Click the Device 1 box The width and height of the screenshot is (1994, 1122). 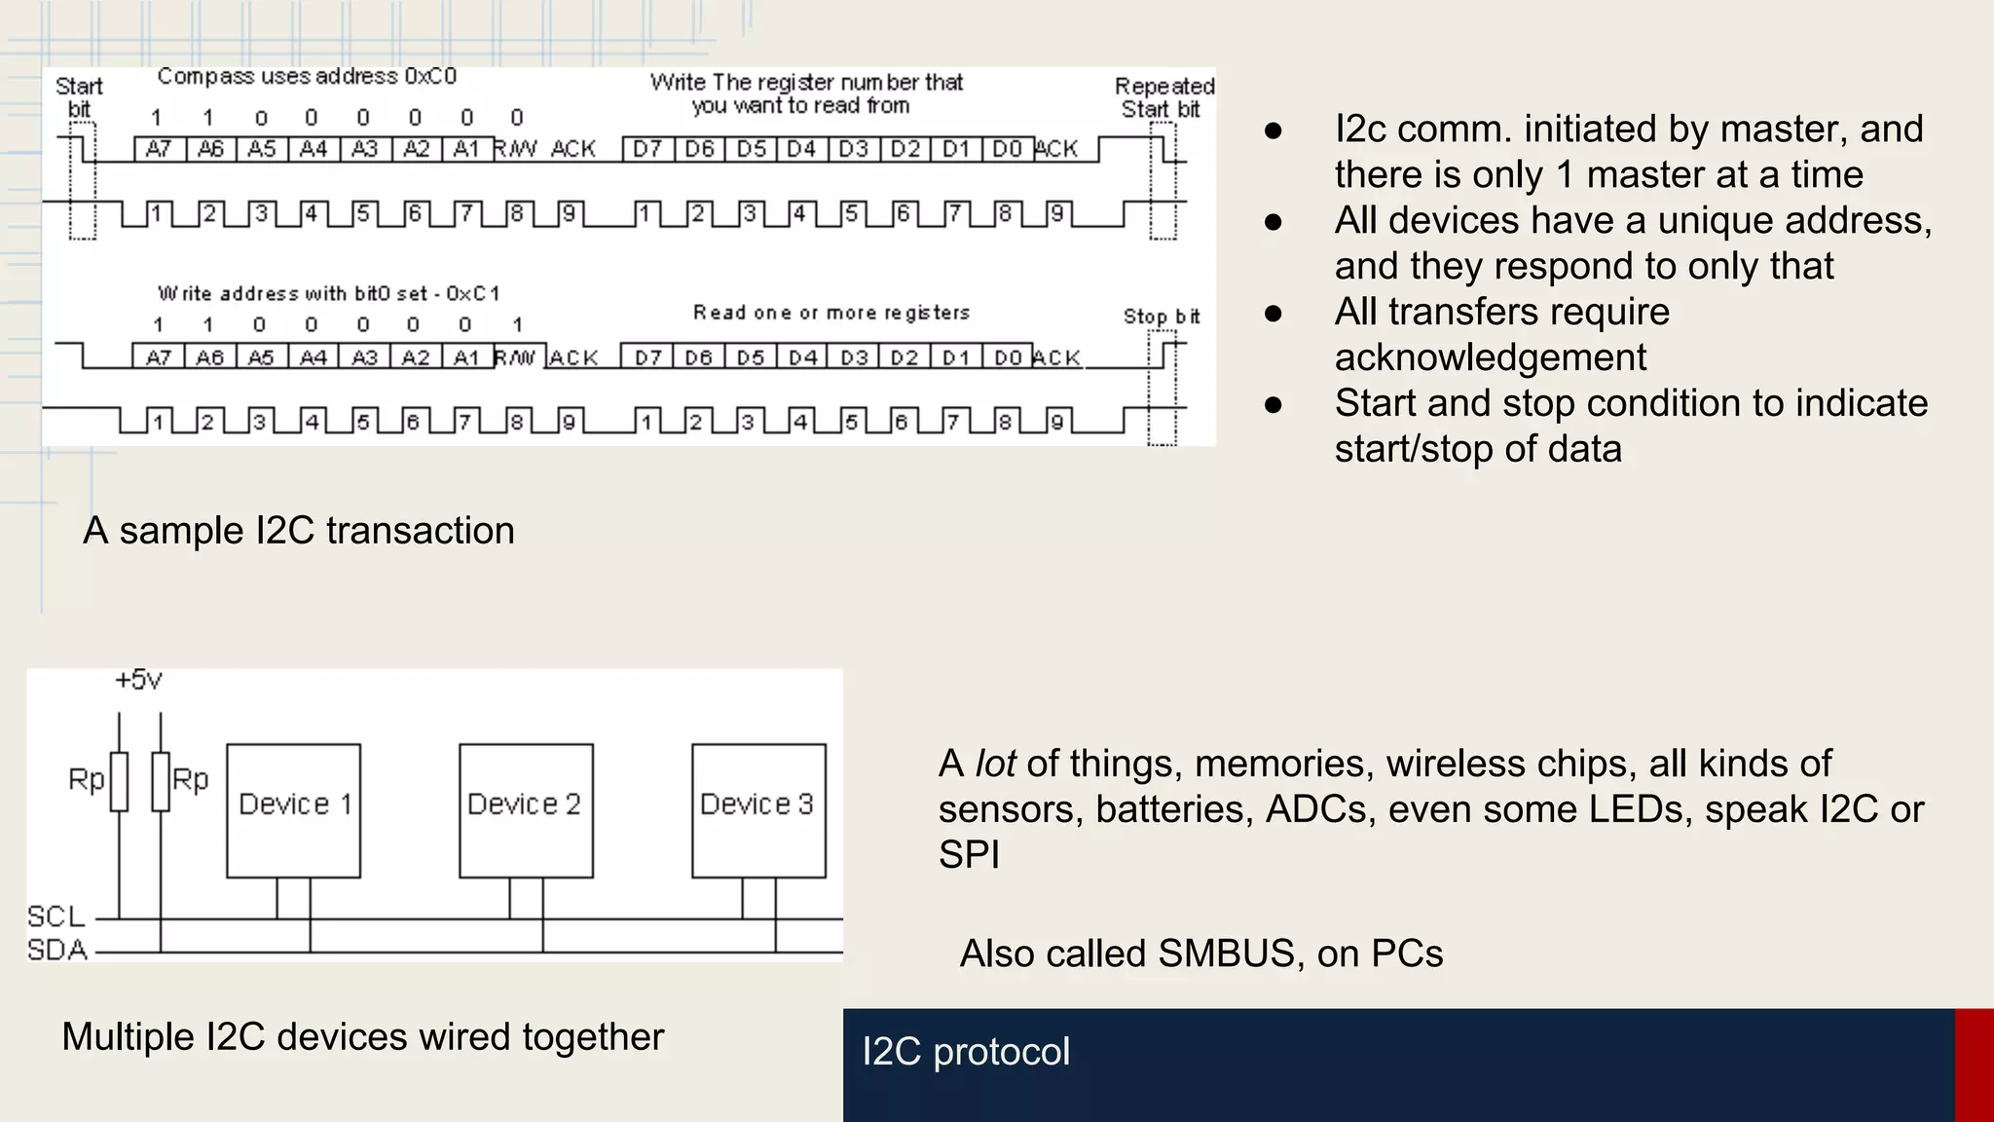[293, 810]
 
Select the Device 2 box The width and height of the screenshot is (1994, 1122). [526, 810]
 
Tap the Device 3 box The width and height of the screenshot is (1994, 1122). [758, 810]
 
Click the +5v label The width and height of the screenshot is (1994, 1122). [138, 680]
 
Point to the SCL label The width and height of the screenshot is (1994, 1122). [55, 916]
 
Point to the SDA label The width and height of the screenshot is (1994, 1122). [56, 950]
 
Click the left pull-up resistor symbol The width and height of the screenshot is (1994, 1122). [119, 781]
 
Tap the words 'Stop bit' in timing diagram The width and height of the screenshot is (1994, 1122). [1161, 317]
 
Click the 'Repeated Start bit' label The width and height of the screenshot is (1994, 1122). [1163, 97]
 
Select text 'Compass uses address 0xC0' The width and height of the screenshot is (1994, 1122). [307, 76]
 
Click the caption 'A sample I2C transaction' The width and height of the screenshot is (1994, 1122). [299, 531]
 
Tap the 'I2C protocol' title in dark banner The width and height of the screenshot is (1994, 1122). [966, 1052]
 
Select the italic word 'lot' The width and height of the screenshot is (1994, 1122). [995, 764]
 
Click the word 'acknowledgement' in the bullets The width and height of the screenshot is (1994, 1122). [1490, 357]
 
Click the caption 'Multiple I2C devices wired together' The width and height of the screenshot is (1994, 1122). [362, 1036]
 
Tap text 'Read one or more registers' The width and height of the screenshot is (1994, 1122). [831, 313]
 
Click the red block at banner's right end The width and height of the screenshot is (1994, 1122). [1974, 1065]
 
